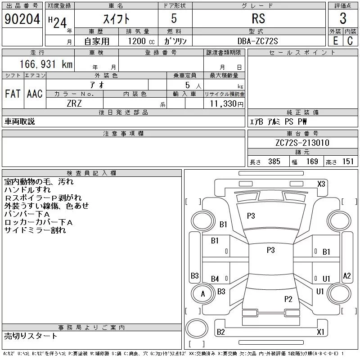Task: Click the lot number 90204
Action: coord(22,19)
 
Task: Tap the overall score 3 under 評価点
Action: coord(343,18)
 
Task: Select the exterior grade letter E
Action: coord(335,41)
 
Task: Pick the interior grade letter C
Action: coord(350,41)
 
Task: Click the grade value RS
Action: coord(258,18)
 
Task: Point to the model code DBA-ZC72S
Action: coord(257,41)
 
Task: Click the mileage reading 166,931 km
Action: coord(46,64)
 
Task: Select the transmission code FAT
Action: coord(13,94)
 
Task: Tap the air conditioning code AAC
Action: coord(35,94)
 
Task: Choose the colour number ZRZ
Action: coord(74,103)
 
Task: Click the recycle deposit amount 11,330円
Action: coord(227,104)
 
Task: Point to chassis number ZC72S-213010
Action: coord(302,143)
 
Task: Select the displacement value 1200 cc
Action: coord(141,41)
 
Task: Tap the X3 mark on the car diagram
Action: coord(321,184)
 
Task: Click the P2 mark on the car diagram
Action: coord(288,299)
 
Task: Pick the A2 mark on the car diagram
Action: coord(346,275)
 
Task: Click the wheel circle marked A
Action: coord(203,294)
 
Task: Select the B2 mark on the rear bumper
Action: coord(220,332)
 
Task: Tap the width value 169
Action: coord(312,162)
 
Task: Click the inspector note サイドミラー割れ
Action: coord(35,230)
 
